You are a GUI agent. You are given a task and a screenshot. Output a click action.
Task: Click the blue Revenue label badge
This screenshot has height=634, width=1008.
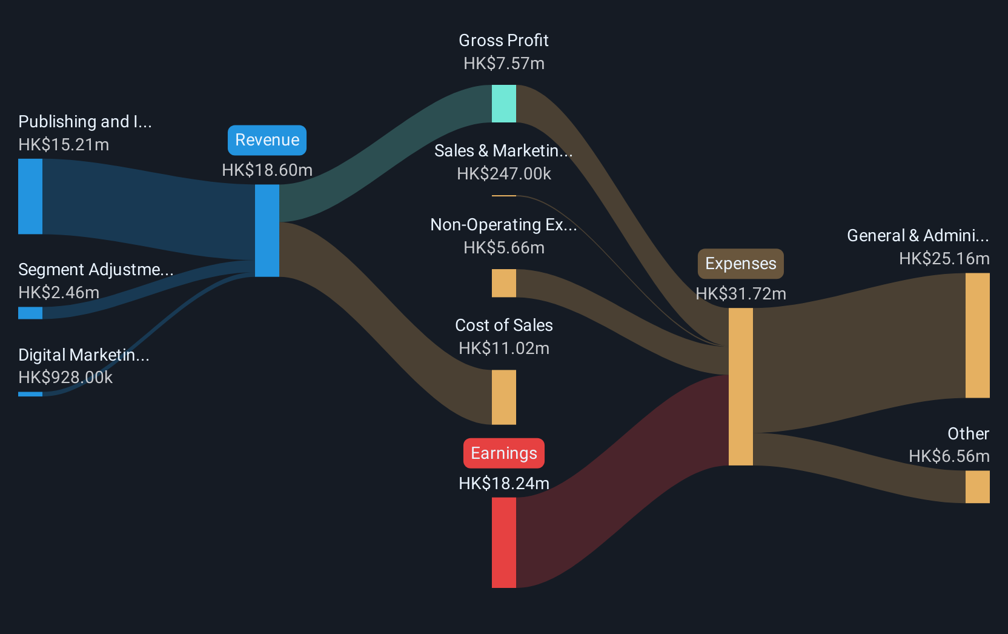[267, 140]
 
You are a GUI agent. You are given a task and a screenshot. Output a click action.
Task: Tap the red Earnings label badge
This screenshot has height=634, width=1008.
[503, 453]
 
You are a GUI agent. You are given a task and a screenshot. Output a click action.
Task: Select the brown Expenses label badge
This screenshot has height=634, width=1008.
[741, 264]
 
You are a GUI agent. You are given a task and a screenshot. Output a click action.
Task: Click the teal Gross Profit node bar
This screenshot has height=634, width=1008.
[503, 104]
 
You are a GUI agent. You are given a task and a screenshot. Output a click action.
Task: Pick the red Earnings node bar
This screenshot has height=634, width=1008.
[503, 542]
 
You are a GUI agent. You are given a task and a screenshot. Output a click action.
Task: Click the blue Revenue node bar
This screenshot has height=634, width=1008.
[267, 230]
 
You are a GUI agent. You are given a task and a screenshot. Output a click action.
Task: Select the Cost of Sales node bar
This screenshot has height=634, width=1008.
[503, 397]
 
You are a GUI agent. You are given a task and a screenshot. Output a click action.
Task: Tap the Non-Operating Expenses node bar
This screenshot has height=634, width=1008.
[503, 283]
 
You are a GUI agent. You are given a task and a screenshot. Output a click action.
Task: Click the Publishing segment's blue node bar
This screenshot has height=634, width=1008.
[30, 196]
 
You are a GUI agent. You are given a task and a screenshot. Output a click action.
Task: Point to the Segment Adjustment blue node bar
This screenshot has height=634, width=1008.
[30, 313]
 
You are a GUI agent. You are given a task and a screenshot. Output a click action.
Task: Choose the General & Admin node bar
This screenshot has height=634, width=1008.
[977, 335]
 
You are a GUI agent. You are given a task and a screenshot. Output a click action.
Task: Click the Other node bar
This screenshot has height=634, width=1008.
[977, 487]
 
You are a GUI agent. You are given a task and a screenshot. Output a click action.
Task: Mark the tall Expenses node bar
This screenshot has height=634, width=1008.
[741, 387]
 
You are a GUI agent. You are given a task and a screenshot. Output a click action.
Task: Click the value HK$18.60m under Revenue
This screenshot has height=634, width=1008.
[267, 170]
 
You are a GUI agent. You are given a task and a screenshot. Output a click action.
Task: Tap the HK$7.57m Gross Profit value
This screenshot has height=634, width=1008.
[504, 64]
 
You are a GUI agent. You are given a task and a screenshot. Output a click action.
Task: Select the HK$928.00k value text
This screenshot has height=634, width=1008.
[65, 378]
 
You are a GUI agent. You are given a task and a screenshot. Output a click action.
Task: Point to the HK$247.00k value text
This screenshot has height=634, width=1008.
[504, 174]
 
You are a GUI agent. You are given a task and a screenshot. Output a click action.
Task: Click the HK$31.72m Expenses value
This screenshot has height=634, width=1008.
[741, 294]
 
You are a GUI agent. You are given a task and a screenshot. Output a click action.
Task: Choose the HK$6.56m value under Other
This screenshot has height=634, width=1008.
[949, 456]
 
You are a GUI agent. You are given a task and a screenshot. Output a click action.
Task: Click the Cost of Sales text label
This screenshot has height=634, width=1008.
[504, 325]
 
